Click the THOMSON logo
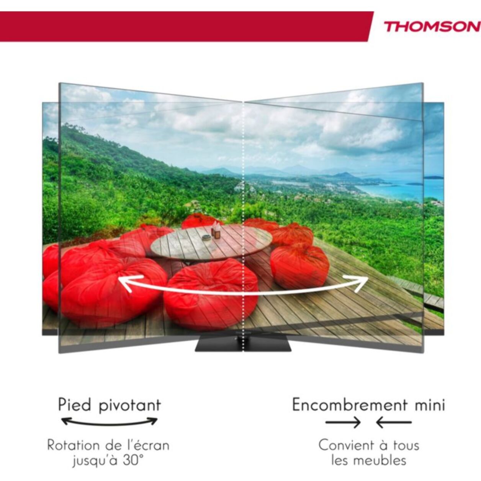tap(432, 27)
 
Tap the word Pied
tap(75, 405)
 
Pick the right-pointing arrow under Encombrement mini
tap(343, 422)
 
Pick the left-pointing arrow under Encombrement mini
tap(394, 422)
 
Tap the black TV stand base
tap(244, 344)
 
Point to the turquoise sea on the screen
tap(402, 190)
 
